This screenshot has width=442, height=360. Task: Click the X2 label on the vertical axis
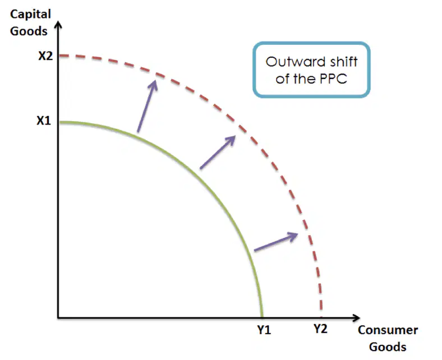45,56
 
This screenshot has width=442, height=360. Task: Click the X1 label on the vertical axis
44,121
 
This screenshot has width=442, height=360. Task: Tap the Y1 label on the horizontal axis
264,330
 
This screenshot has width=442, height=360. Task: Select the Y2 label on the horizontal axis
320,329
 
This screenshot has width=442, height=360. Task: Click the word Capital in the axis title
30,15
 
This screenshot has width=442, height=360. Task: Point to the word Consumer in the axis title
388,330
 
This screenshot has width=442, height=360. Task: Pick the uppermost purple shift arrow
147,106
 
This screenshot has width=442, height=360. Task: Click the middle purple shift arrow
218,152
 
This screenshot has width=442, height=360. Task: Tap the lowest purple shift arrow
276,242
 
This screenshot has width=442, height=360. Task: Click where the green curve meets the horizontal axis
262,317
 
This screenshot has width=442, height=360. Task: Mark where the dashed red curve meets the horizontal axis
321,317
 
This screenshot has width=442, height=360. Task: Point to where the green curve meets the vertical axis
59,122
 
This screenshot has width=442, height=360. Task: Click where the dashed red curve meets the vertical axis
59,56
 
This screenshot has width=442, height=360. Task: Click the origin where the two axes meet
58,318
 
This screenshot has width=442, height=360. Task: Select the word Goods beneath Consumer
388,347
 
